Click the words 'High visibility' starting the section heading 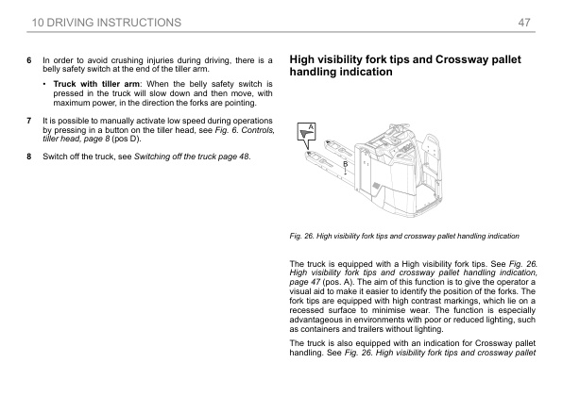[326, 59]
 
